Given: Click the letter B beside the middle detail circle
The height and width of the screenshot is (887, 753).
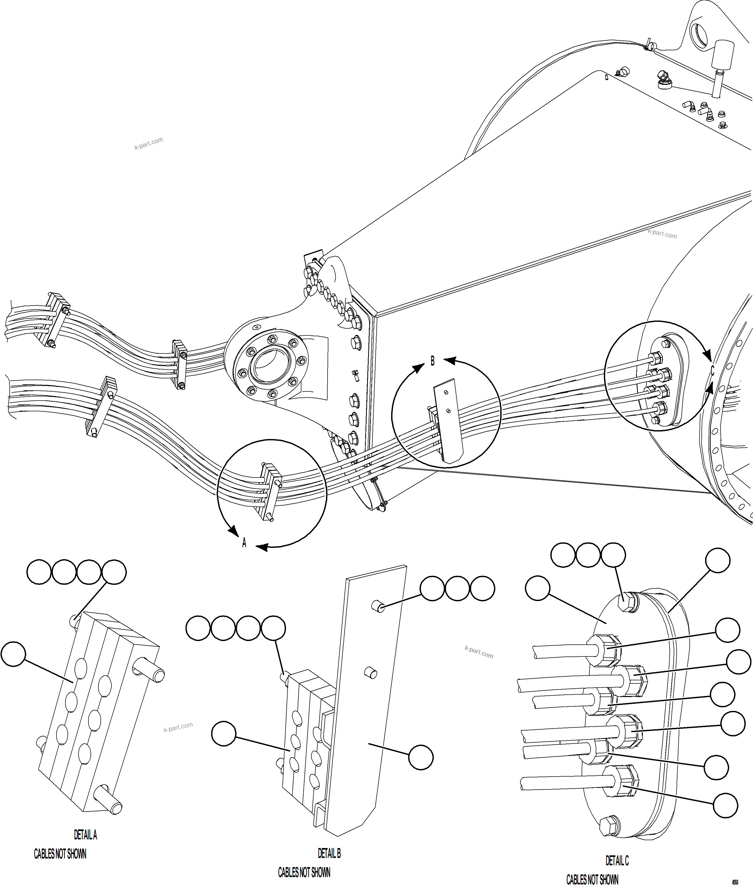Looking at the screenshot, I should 432,361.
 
